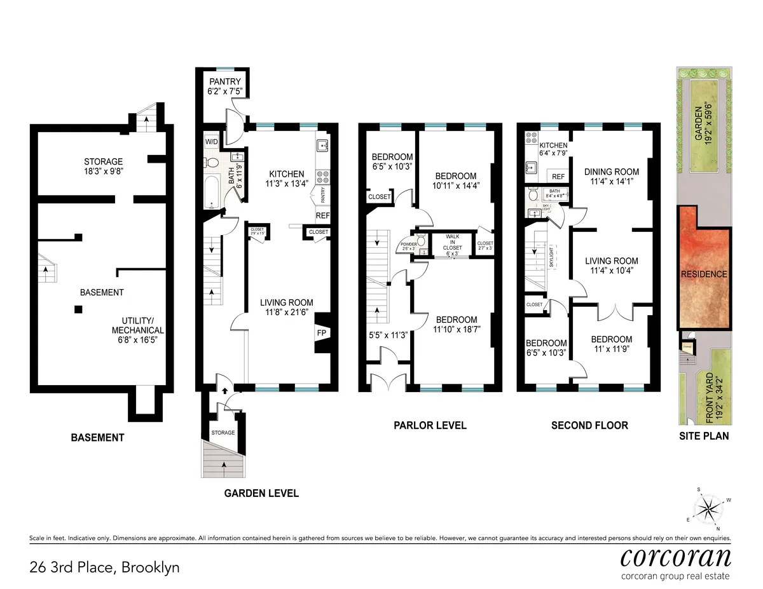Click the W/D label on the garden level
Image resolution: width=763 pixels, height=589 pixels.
tap(211, 141)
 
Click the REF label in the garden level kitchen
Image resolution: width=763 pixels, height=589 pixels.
tap(322, 216)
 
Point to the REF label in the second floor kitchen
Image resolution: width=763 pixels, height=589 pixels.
tap(558, 177)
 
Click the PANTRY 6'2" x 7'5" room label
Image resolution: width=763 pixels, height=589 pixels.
tap(224, 86)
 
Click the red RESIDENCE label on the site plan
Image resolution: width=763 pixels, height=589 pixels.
tap(704, 274)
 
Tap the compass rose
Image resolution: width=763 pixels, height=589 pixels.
tap(708, 508)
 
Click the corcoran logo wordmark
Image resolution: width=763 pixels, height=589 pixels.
tap(675, 558)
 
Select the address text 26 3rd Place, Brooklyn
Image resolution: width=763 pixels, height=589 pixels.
tap(105, 567)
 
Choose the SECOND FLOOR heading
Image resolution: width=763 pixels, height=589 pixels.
tap(589, 425)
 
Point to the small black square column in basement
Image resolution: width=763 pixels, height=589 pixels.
tap(78, 309)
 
